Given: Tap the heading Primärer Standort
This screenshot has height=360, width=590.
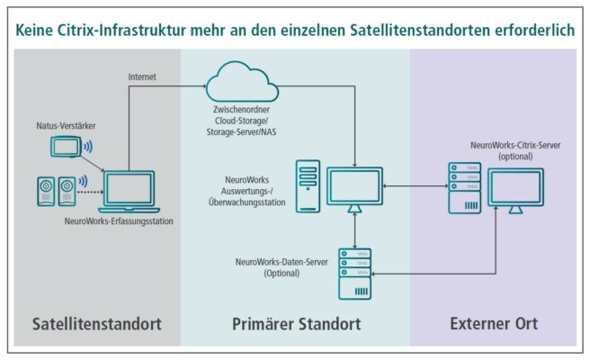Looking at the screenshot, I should click(295, 323).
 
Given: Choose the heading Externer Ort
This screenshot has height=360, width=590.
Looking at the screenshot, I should click(493, 323).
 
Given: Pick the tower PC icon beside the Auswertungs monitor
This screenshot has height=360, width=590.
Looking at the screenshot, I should click(307, 184).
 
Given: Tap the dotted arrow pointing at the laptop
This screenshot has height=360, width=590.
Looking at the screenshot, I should click(90, 191).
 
